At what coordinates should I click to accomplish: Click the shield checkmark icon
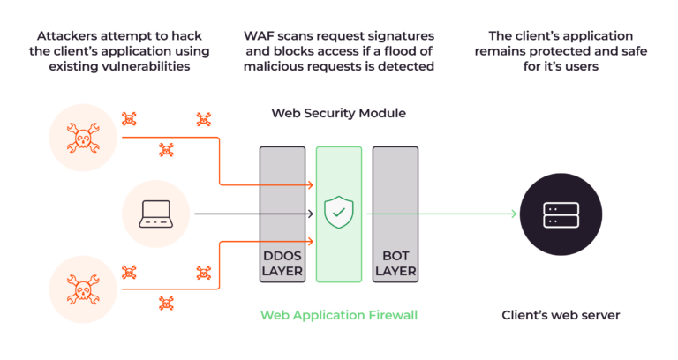pyautogui.click(x=339, y=213)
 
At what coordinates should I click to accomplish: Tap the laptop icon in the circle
pyautogui.click(x=155, y=213)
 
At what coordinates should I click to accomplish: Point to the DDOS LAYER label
pyautogui.click(x=282, y=263)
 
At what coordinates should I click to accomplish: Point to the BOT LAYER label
pyautogui.click(x=395, y=263)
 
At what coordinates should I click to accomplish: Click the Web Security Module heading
pyautogui.click(x=339, y=114)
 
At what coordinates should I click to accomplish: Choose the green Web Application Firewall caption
pyautogui.click(x=339, y=315)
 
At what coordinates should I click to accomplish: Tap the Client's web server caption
pyautogui.click(x=561, y=315)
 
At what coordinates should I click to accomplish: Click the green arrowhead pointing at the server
pyautogui.click(x=512, y=214)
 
